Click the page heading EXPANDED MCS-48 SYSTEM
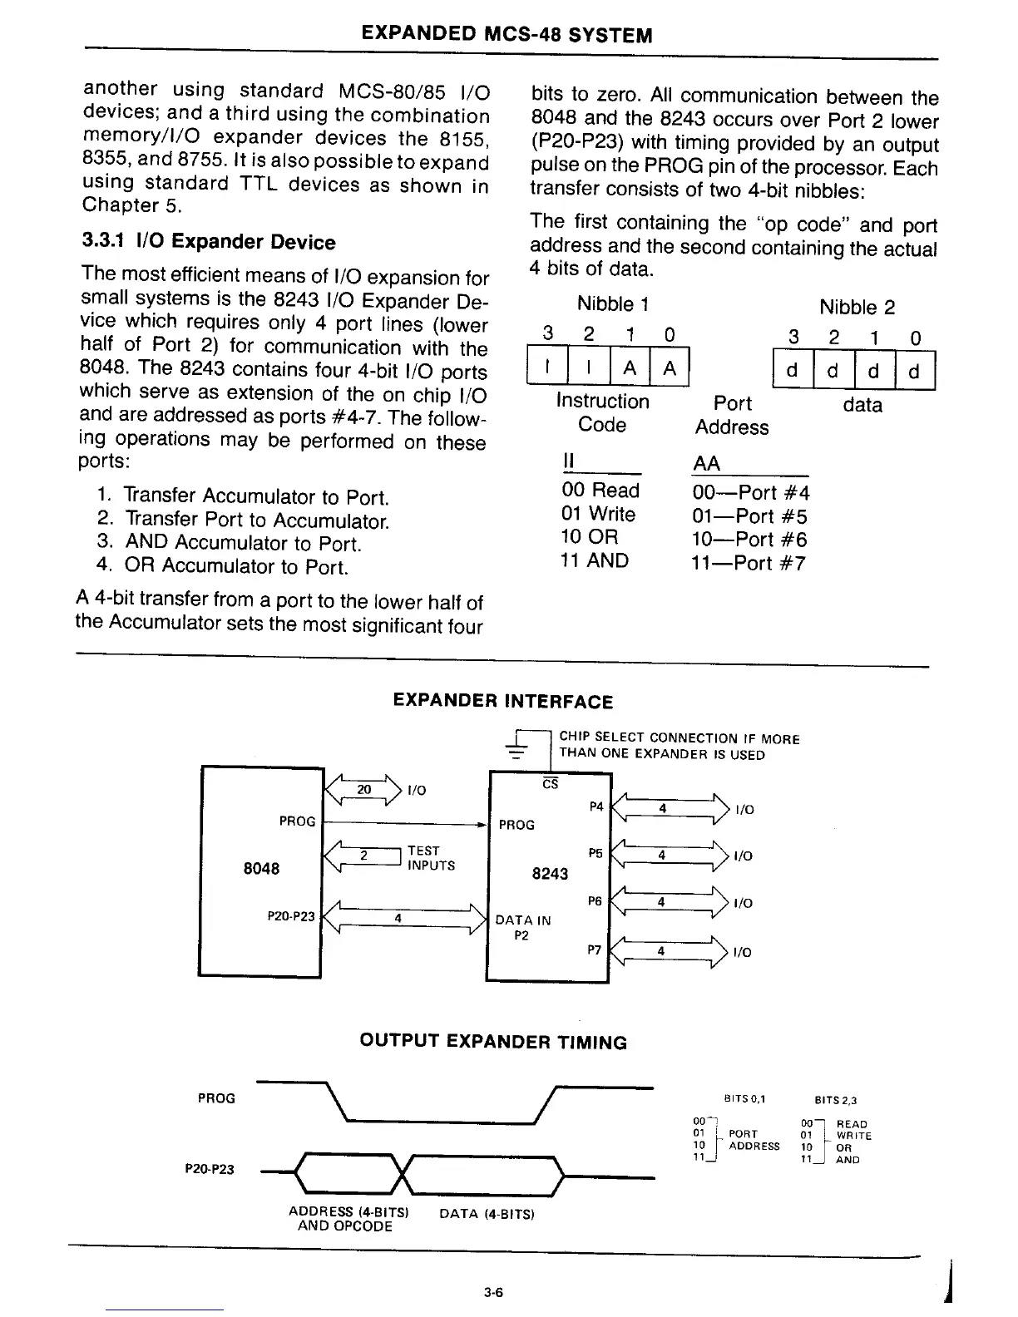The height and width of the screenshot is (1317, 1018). (507, 35)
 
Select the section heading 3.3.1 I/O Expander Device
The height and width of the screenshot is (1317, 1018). (209, 242)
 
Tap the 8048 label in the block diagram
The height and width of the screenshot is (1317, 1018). (261, 869)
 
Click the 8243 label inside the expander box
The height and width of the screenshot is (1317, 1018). (550, 874)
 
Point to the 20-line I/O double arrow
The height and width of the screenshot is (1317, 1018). (363, 790)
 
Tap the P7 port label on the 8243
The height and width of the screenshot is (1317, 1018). (595, 950)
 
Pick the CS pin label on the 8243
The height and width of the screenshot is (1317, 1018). (550, 784)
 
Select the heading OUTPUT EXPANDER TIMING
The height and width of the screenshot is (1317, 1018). (493, 1043)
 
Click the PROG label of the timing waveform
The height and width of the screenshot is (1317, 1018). (216, 1098)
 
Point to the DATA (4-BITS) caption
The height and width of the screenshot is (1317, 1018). (487, 1214)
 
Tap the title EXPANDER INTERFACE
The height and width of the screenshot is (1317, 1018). (502, 702)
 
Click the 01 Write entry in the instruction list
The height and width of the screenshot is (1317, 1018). (599, 515)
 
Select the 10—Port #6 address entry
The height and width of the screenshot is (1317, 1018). (749, 540)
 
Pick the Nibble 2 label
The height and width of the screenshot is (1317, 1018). (857, 308)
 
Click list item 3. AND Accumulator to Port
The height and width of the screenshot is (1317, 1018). (229, 543)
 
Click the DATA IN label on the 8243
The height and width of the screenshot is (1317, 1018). (523, 920)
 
